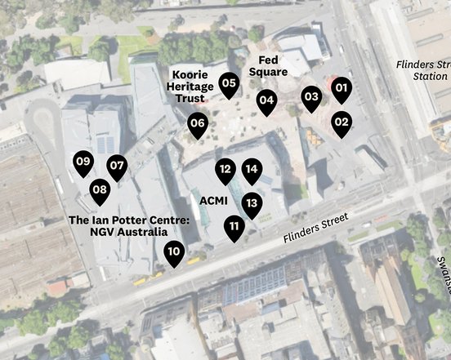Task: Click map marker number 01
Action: (342, 88)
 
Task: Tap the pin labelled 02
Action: (342, 122)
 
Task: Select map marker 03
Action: (311, 97)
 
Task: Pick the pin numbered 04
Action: (266, 101)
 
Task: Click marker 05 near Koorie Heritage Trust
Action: (230, 82)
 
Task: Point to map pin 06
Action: (197, 125)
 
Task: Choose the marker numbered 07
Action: (117, 167)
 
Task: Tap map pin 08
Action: (100, 191)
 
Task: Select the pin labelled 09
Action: (83, 162)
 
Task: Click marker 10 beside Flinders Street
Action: (173, 252)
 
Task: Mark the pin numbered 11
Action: (234, 227)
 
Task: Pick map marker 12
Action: (225, 171)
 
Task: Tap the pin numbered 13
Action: (252, 203)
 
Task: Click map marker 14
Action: (252, 171)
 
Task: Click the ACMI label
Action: (212, 199)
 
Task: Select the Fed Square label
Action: (273, 66)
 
